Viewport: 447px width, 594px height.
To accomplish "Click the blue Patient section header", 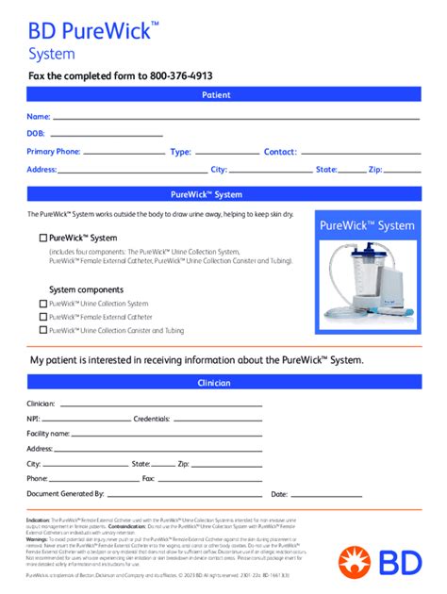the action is [x=223, y=95].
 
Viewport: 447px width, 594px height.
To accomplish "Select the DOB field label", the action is [x=36, y=133].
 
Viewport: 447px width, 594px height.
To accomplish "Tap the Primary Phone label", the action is [x=54, y=151].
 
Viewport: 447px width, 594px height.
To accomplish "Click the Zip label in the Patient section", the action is [x=374, y=169].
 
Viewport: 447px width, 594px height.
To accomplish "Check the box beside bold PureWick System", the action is [x=42, y=238].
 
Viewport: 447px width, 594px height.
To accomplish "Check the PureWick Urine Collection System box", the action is [x=42, y=304].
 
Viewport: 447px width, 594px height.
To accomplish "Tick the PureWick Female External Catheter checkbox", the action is [x=42, y=317].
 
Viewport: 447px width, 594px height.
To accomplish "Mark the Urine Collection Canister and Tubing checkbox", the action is [x=42, y=330].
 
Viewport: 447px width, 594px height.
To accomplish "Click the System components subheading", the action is [x=86, y=289].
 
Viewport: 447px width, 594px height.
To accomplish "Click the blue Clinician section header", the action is [x=223, y=383].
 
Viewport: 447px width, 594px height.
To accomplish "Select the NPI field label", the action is [x=33, y=418].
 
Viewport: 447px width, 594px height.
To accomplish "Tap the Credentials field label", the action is [x=151, y=418].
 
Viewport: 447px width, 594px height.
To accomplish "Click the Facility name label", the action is [x=48, y=433].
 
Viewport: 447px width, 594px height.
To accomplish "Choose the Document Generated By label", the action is [x=65, y=493].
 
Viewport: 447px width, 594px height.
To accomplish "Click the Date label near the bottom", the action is [x=279, y=493].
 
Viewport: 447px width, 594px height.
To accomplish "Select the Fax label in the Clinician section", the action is [x=148, y=478].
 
